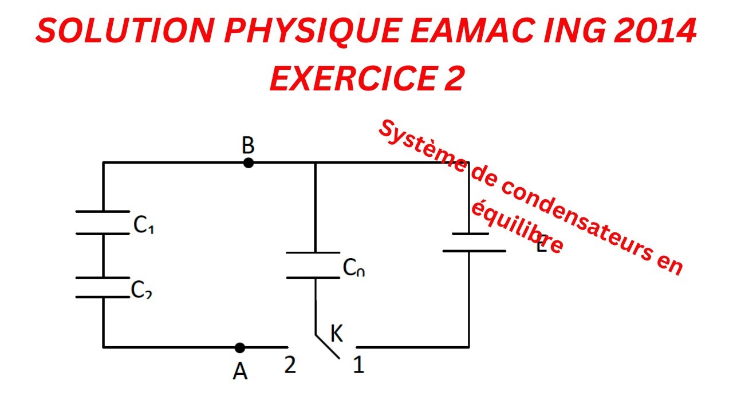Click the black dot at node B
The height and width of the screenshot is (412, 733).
[248, 163]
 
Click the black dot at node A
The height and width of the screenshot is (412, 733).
[240, 347]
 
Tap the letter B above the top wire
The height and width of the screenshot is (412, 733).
[248, 146]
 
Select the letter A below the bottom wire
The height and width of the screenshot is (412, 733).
[240, 371]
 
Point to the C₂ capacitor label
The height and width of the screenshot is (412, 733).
[141, 291]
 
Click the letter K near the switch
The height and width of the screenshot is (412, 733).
[337, 334]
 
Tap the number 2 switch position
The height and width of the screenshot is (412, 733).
[290, 365]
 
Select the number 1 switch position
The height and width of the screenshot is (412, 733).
[358, 365]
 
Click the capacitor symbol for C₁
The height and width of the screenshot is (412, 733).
[103, 223]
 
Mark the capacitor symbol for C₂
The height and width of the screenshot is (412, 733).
[103, 287]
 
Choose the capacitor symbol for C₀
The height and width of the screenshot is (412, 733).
[313, 265]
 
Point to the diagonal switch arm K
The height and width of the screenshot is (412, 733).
[328, 346]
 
